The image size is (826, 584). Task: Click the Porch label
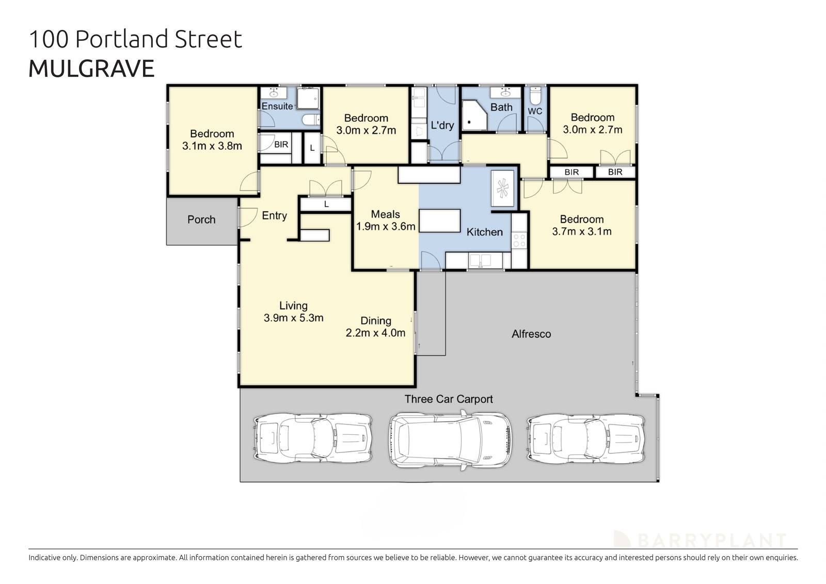201,219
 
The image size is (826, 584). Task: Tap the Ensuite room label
277,106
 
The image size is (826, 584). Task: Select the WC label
535,112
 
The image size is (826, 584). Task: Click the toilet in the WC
535,95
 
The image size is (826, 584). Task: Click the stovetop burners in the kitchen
519,241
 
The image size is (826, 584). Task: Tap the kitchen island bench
439,220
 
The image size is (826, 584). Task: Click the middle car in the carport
451,440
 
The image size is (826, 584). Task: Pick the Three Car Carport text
449,399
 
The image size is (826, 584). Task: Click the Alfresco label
531,334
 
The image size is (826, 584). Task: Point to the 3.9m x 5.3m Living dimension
293,318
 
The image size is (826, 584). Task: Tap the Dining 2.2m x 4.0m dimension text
375,333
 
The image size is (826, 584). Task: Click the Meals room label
385,214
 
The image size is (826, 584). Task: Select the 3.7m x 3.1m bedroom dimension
582,232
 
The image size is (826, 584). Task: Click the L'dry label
442,125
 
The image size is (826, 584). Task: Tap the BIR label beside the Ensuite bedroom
281,145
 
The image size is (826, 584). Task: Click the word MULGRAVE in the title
91,69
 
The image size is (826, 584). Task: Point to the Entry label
274,216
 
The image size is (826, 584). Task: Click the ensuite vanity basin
274,93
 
